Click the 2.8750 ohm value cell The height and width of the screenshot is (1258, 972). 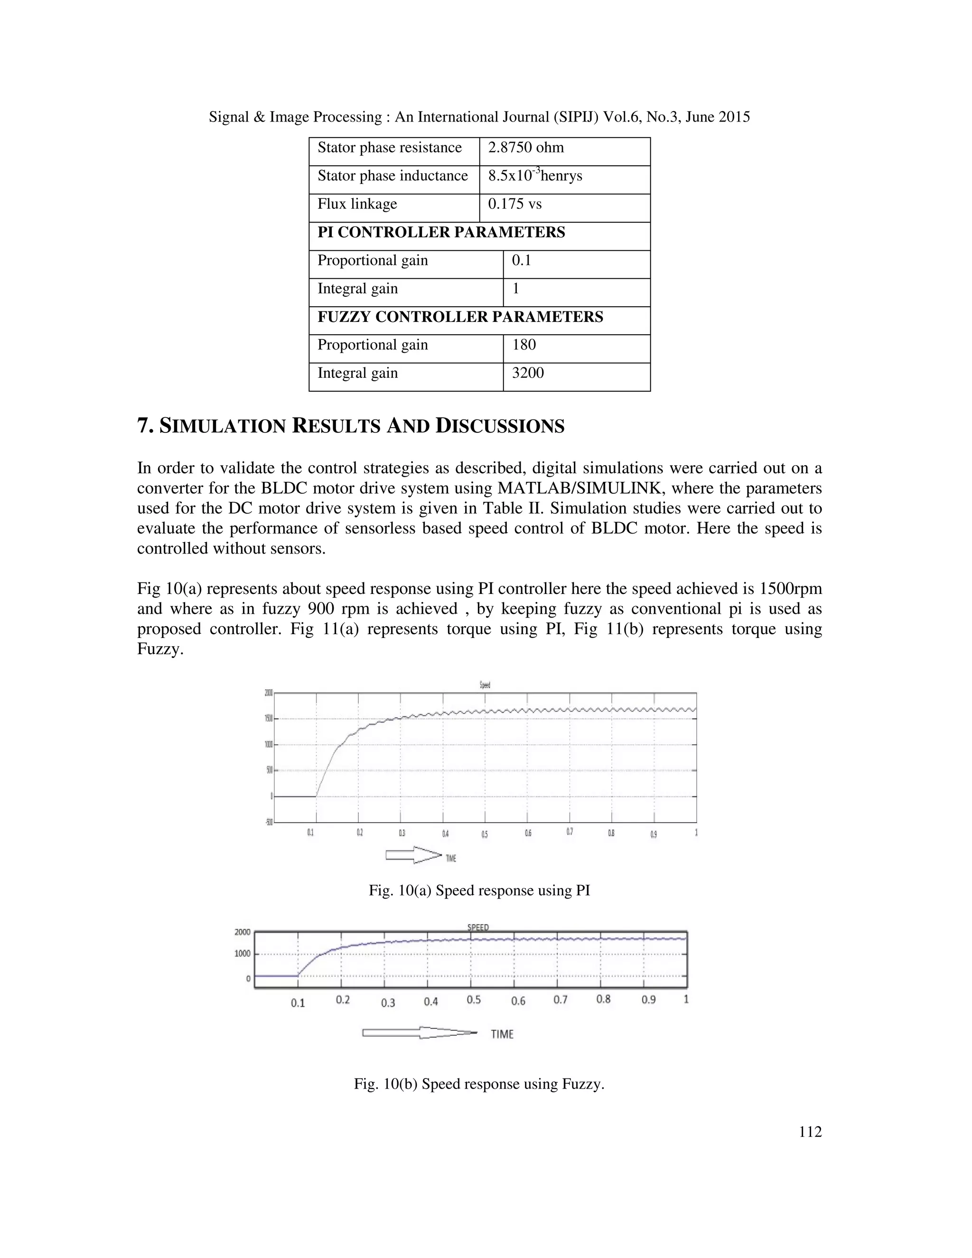point(526,148)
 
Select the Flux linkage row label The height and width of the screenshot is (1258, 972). point(357,205)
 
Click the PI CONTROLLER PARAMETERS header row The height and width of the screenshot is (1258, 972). point(441,233)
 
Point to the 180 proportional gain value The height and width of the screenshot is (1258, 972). point(523,345)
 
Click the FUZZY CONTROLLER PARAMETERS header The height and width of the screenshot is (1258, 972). point(460,318)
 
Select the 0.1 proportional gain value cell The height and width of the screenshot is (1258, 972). point(521,261)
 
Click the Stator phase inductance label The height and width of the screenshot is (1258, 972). point(392,176)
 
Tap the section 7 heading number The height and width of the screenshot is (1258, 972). point(145,426)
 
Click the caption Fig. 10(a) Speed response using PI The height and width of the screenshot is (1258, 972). point(479,891)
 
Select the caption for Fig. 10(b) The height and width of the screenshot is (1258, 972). point(479,1085)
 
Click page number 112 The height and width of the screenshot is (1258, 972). point(810,1132)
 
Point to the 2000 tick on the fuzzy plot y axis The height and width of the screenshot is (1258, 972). point(243,932)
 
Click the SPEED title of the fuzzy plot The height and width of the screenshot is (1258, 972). point(477,928)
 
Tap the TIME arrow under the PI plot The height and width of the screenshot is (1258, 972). point(413,855)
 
